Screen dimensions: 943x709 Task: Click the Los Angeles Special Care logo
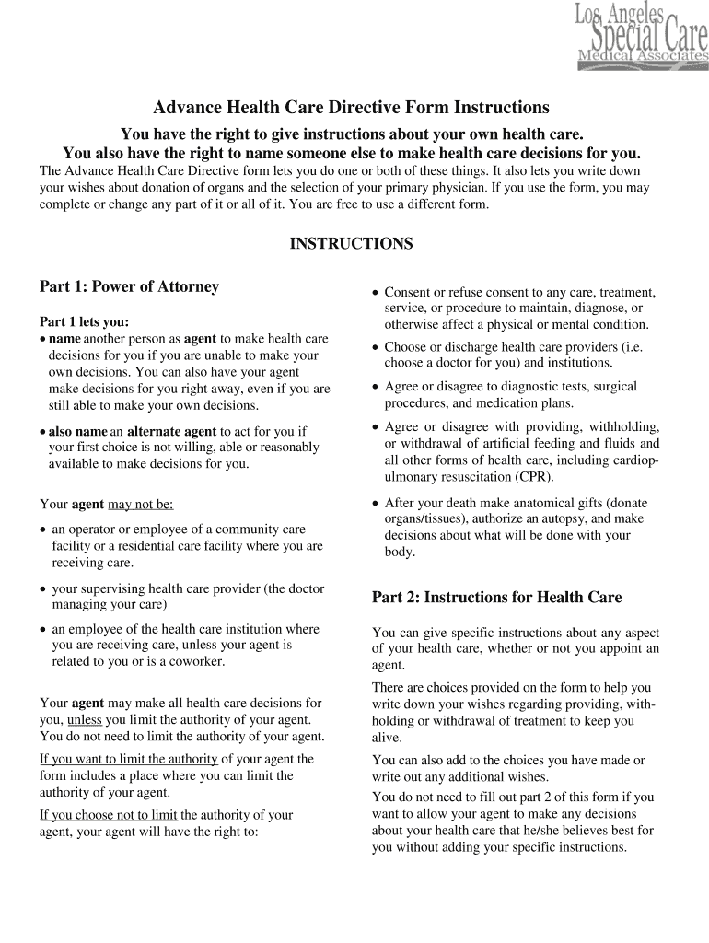pos(642,35)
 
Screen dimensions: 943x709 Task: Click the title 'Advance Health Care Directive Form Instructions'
pos(351,107)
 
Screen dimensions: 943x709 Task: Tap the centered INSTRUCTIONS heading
pos(351,244)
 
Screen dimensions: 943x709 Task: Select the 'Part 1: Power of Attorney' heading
pos(129,286)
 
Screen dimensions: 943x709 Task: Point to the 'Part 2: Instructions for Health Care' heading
pos(496,598)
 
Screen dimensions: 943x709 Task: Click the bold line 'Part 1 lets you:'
pos(84,322)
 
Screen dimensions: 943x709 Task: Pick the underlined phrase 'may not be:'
pos(140,505)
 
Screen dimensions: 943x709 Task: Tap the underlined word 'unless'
pos(85,719)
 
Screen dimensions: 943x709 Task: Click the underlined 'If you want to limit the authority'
pos(129,760)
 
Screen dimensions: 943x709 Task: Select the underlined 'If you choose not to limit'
pos(109,815)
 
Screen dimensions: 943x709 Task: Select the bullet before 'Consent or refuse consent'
pos(375,292)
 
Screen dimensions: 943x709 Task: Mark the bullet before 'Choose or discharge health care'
pos(375,348)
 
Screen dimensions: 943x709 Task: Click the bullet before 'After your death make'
pos(375,504)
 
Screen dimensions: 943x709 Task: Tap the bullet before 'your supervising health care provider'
pos(43,589)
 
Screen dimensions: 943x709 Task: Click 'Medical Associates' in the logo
pos(643,60)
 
